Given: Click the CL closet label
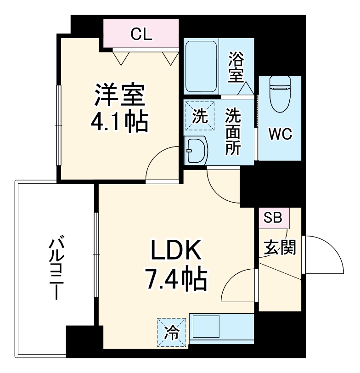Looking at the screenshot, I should click(x=141, y=34).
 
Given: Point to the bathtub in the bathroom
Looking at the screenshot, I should click(x=201, y=67).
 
